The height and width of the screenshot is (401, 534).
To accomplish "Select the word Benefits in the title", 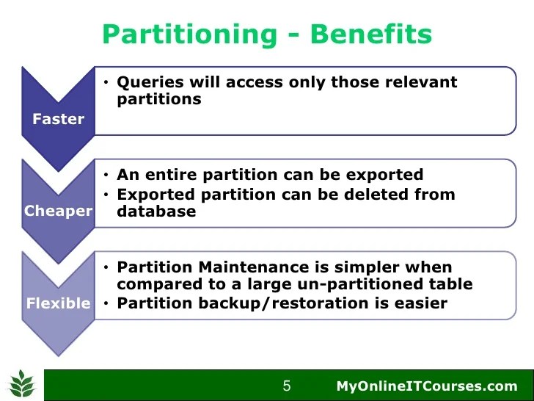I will tap(371, 34).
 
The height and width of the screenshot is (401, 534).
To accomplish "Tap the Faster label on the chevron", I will tap(58, 119).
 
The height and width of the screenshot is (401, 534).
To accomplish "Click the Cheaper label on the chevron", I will tap(58, 212).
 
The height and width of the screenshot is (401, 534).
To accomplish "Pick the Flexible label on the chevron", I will tap(58, 303).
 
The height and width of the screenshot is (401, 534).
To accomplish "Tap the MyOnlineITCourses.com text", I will tap(427, 386).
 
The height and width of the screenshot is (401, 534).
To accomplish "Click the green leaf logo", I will tap(23, 384).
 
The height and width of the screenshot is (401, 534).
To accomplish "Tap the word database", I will tap(156, 212).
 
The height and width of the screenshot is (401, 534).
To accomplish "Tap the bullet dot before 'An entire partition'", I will tap(106, 176).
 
